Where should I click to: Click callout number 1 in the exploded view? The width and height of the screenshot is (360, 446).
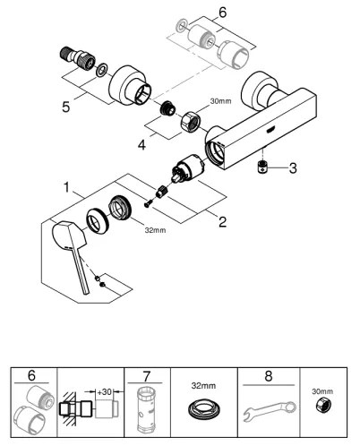66,190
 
